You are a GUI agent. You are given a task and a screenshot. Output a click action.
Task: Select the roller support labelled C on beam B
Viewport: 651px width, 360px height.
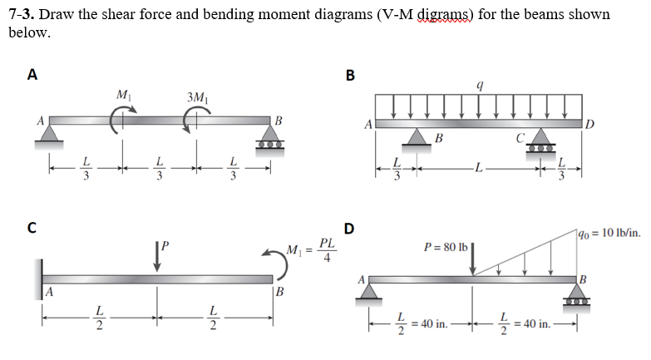tap(541, 136)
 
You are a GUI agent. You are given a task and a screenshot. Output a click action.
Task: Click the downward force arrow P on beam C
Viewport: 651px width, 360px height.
tap(157, 254)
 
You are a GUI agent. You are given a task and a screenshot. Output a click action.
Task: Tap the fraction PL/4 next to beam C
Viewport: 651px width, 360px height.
tap(328, 250)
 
